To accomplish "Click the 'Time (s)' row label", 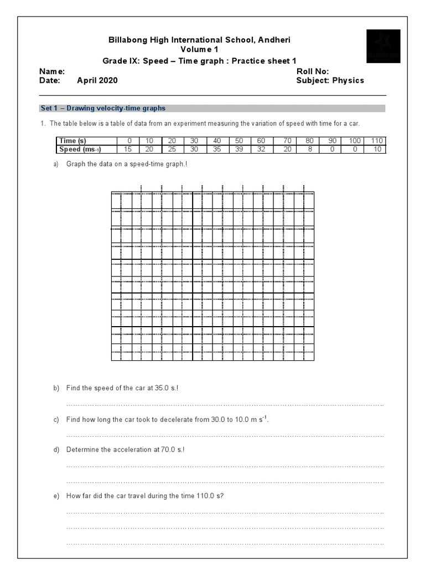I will coord(72,141).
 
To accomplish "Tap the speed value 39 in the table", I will coord(239,149).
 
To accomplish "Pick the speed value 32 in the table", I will coord(261,149).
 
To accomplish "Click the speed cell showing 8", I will coord(310,149).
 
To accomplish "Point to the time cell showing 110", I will coord(377,141).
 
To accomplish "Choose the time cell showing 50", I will coord(239,141).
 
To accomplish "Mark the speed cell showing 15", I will coord(128,149).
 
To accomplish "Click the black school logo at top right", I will coord(383,46).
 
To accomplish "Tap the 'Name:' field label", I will coord(52,71).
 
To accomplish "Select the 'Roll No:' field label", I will coord(313,71).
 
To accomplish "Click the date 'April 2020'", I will coord(97,80).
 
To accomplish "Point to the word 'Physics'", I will coord(348,80).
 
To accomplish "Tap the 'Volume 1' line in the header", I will coord(199,49).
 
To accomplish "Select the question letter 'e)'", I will coord(56,496).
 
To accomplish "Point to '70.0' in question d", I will coord(168,449).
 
